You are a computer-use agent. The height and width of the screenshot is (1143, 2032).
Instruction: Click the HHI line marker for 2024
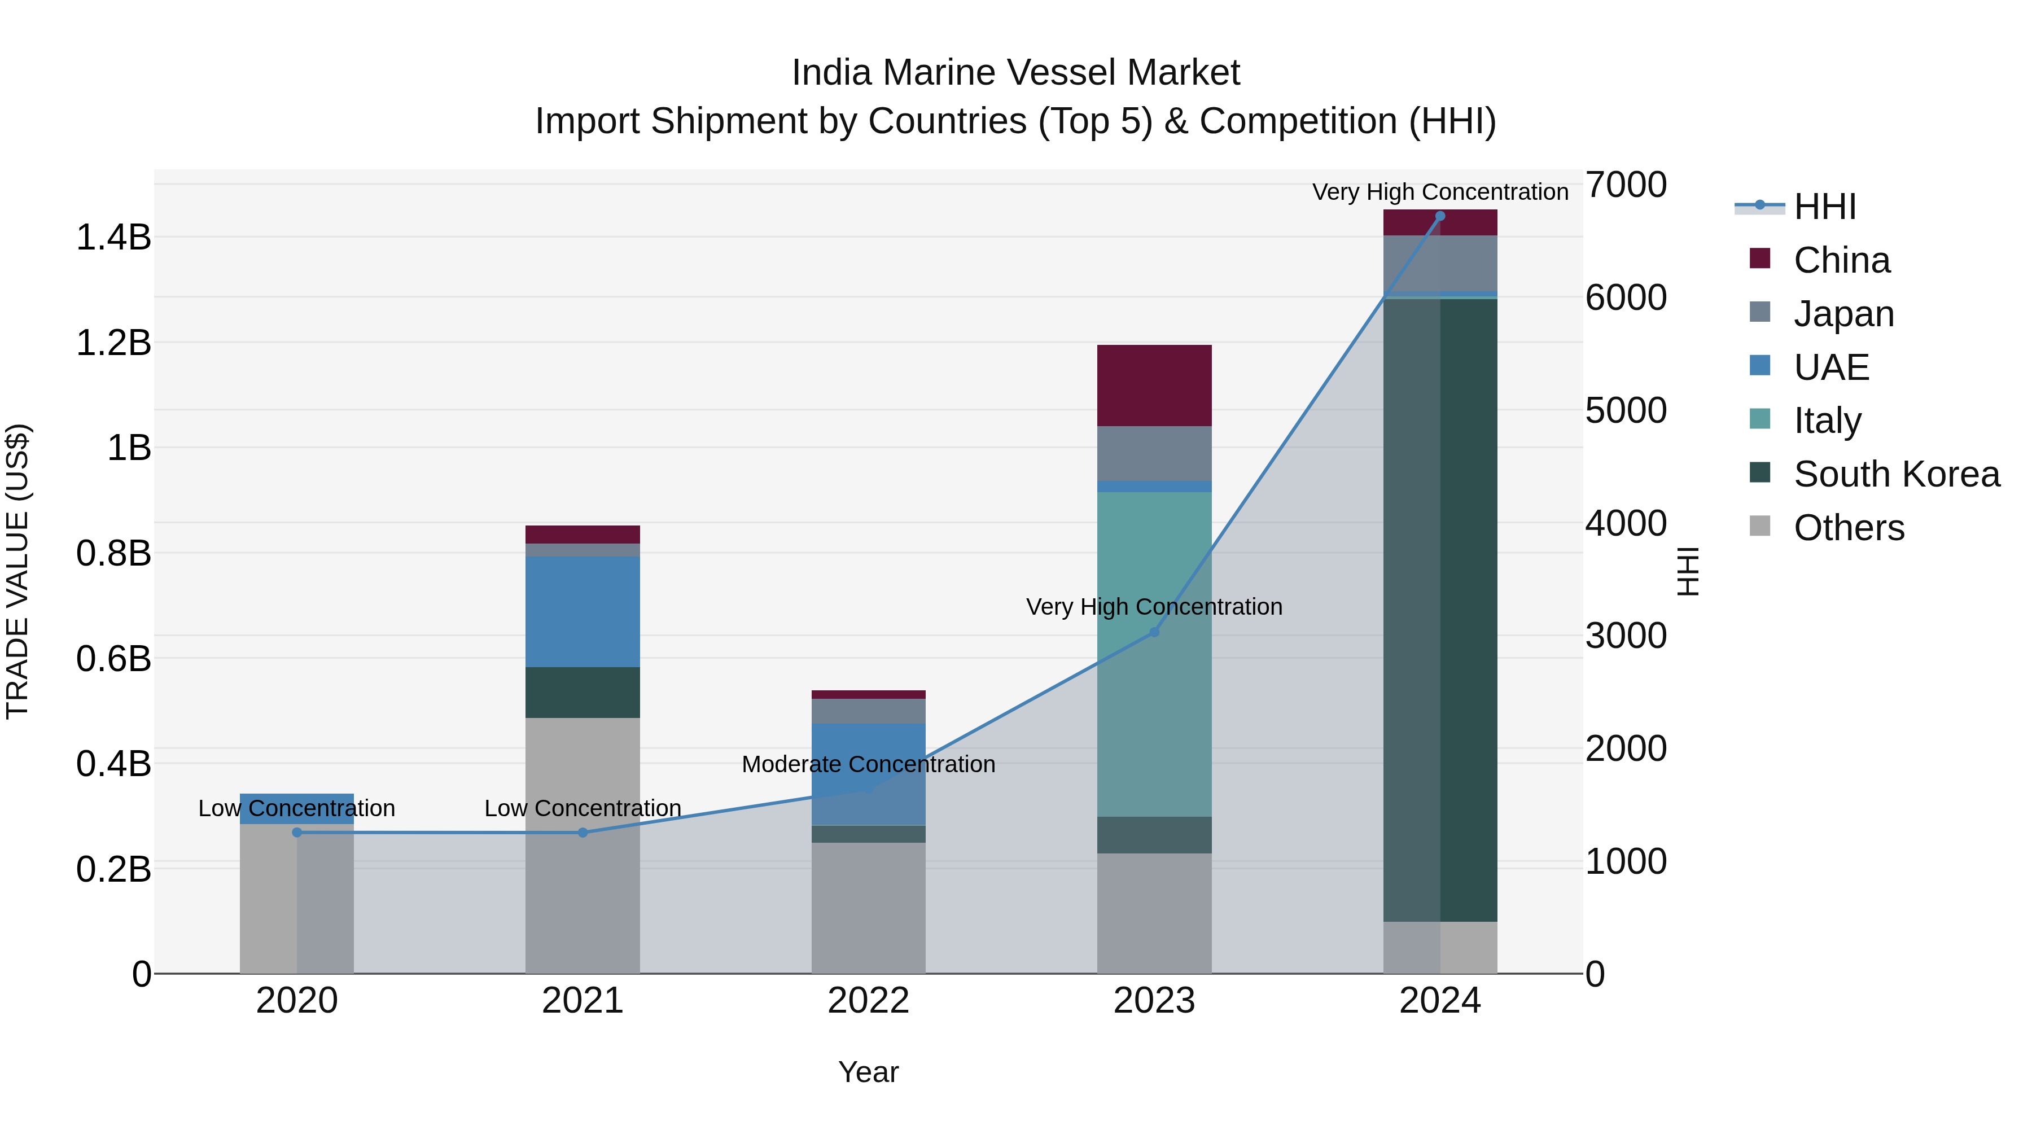click(1439, 216)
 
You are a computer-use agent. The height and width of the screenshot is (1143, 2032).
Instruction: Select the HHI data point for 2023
click(1154, 632)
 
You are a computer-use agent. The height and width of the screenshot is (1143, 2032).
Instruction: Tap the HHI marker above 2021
click(583, 832)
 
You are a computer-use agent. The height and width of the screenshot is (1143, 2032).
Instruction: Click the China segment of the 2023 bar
click(1154, 386)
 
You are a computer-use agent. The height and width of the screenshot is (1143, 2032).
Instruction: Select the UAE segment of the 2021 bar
click(583, 611)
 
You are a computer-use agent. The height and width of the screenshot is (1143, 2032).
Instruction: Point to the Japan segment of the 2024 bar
click(1439, 264)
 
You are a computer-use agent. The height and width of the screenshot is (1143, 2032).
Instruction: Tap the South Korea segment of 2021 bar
click(583, 692)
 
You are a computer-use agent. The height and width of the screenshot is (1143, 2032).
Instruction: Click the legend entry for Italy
click(1827, 421)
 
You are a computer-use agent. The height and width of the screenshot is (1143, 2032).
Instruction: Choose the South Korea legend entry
click(1897, 474)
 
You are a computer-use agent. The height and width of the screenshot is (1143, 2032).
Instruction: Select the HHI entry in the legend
click(1824, 207)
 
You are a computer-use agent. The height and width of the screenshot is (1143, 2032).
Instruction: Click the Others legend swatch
click(1760, 526)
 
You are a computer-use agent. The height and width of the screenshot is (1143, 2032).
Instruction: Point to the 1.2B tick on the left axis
click(113, 343)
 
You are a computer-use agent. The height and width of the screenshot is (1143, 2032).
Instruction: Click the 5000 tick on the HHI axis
click(1626, 410)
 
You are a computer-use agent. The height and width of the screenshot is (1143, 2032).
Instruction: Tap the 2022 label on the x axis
click(869, 1001)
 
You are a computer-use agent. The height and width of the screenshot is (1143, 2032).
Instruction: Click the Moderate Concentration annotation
click(869, 764)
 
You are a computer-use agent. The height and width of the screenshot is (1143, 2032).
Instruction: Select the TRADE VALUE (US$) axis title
click(17, 571)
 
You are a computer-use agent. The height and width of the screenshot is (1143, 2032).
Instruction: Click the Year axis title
click(869, 1072)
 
